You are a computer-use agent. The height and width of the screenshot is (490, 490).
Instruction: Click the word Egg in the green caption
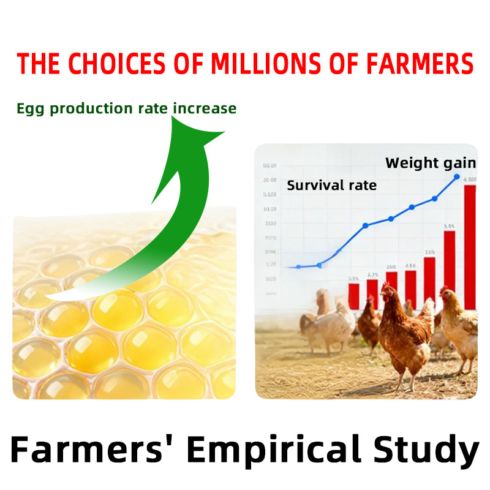(31, 109)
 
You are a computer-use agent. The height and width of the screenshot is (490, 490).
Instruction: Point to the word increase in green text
(205, 109)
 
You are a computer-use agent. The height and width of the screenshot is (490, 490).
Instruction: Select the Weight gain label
(430, 163)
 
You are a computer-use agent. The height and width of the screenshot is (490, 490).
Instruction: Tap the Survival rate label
(331, 185)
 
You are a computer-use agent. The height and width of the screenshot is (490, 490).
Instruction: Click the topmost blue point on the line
(456, 177)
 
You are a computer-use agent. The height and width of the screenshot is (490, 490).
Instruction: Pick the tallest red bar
(470, 245)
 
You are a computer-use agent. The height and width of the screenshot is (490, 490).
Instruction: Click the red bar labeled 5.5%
(450, 263)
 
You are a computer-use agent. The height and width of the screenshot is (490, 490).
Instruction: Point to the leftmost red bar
(353, 295)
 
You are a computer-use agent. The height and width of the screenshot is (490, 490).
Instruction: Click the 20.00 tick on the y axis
(269, 180)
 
